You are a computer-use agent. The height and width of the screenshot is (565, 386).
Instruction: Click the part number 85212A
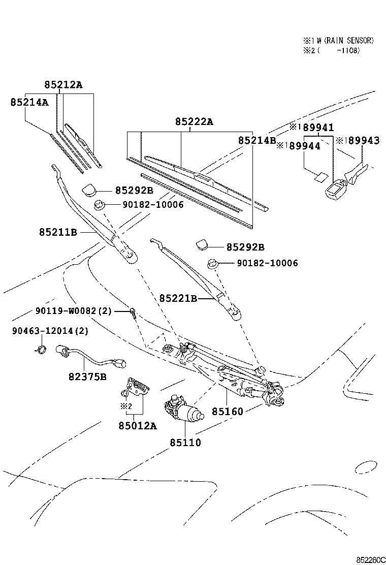[62, 85]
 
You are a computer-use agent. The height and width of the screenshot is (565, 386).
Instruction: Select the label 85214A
[29, 102]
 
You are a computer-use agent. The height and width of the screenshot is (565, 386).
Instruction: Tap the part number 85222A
[195, 122]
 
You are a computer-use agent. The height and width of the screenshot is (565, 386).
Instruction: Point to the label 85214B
[257, 140]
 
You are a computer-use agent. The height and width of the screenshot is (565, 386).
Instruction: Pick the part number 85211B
[58, 232]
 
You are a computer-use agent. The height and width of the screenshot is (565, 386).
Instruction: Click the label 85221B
[178, 298]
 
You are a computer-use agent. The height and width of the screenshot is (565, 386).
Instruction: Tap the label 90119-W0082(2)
[73, 311]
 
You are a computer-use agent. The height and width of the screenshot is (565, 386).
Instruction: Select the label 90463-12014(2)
[50, 331]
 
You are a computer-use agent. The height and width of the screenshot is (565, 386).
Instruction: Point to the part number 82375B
[87, 376]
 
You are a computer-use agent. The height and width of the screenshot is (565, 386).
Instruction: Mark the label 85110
[185, 443]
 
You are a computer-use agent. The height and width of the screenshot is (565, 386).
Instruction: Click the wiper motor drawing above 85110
[183, 410]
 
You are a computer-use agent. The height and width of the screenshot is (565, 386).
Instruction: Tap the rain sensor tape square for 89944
[318, 177]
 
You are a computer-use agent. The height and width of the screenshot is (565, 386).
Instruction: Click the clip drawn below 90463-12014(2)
[40, 348]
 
